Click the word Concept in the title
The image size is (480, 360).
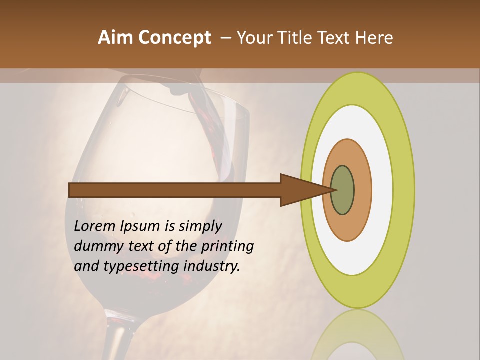pyautogui.click(x=174, y=38)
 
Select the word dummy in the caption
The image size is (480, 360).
pyautogui.click(x=96, y=246)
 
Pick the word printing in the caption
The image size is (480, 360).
pyautogui.click(x=227, y=246)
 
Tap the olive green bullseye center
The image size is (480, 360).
pyautogui.click(x=343, y=190)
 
